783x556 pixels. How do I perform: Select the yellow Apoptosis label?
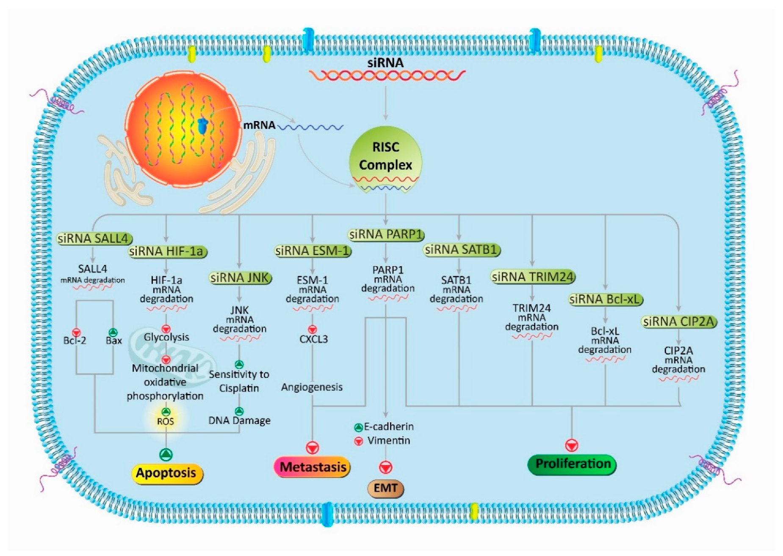click(166, 473)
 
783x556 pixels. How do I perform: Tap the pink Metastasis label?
click(313, 467)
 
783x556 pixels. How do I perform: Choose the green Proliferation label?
click(573, 464)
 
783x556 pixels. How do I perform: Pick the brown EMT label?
click(385, 488)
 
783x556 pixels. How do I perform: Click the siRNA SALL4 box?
click(94, 239)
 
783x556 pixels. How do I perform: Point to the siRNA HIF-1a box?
click(167, 251)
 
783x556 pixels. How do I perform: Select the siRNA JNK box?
click(240, 278)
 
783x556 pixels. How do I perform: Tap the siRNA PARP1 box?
click(386, 234)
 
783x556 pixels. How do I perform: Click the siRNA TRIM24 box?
click(532, 277)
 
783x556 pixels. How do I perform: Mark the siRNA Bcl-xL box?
click(605, 299)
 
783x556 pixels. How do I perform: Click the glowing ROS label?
click(166, 421)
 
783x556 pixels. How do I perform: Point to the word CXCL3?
click(313, 339)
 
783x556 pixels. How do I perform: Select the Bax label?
click(113, 341)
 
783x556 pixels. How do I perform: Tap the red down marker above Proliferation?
click(572, 445)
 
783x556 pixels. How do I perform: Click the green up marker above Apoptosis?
click(166, 455)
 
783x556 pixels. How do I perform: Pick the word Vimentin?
click(389, 440)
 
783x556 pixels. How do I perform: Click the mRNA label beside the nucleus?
click(259, 125)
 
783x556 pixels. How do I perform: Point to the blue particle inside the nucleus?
click(203, 126)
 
